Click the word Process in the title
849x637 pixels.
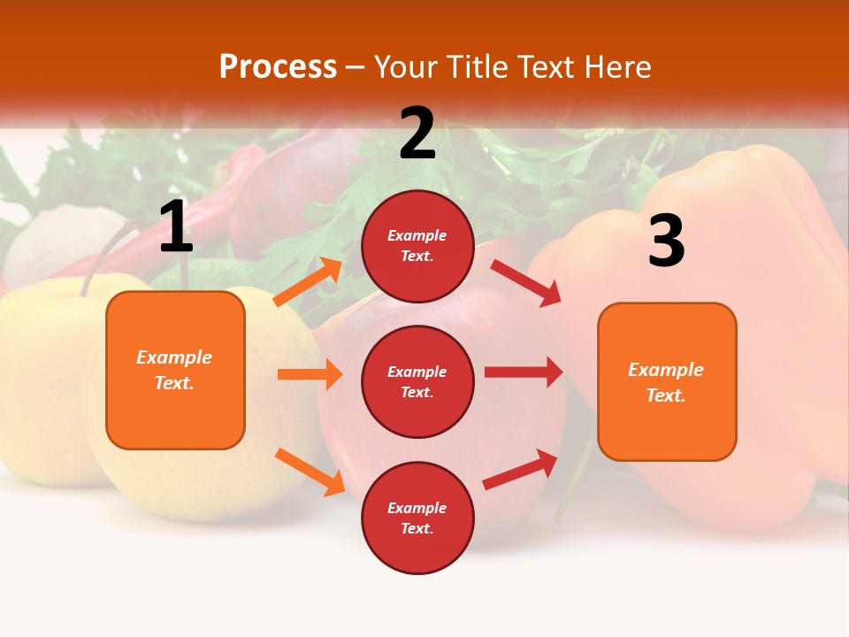click(x=278, y=67)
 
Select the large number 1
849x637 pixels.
click(x=176, y=227)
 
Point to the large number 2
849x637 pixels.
click(x=417, y=134)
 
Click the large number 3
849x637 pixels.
click(x=666, y=242)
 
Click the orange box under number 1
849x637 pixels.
click(x=175, y=370)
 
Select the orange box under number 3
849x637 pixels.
click(x=667, y=381)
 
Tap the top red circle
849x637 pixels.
click(x=417, y=246)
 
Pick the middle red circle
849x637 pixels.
click(x=417, y=381)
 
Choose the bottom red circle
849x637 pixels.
click(x=417, y=518)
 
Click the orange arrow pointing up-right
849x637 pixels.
click(x=309, y=282)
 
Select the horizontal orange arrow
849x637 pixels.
click(x=310, y=374)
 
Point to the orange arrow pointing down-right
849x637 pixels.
click(x=310, y=472)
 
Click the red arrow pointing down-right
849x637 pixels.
click(x=525, y=282)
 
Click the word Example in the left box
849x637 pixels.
click(x=174, y=357)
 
